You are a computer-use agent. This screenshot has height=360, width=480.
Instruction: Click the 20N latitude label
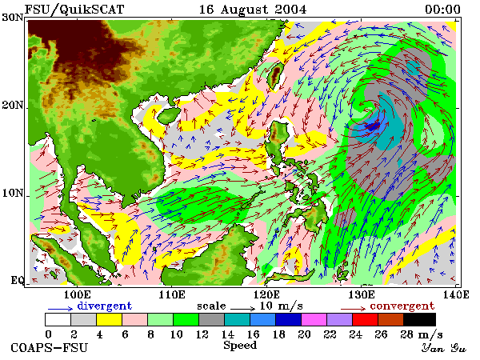pos(13,105)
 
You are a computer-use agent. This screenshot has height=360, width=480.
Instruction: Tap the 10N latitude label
pos(13,193)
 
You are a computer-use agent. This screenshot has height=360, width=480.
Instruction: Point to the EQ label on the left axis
pos(17,280)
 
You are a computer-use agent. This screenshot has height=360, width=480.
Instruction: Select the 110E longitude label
pos(172,294)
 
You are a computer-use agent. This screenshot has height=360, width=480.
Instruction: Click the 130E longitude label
pos(362,294)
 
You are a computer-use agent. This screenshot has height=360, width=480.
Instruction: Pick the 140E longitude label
pos(456,294)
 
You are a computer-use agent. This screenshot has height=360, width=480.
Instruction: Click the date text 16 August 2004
pos(253,9)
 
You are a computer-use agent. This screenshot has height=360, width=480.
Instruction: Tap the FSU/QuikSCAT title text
pos(74,9)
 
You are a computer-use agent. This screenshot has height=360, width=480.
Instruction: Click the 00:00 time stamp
pos(442,9)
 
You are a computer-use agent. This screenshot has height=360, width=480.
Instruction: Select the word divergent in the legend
pos(104,306)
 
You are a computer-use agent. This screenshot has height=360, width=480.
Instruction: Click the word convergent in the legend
pos(402,306)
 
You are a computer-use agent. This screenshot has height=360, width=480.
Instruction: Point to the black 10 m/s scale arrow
pos(242,309)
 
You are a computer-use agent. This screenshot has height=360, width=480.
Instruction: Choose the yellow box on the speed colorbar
pos(109,319)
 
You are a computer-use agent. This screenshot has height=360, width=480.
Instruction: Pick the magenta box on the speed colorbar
pos(314,319)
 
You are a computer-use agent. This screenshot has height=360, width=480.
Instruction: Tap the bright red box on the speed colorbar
pos(365,319)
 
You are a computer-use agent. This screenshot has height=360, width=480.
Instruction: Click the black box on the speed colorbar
pos(419,319)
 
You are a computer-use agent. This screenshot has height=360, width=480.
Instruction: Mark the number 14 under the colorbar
pos(228,334)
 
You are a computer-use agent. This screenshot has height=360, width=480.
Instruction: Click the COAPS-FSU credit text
pos(49,348)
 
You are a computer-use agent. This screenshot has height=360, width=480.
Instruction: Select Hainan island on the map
pos(169,115)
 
